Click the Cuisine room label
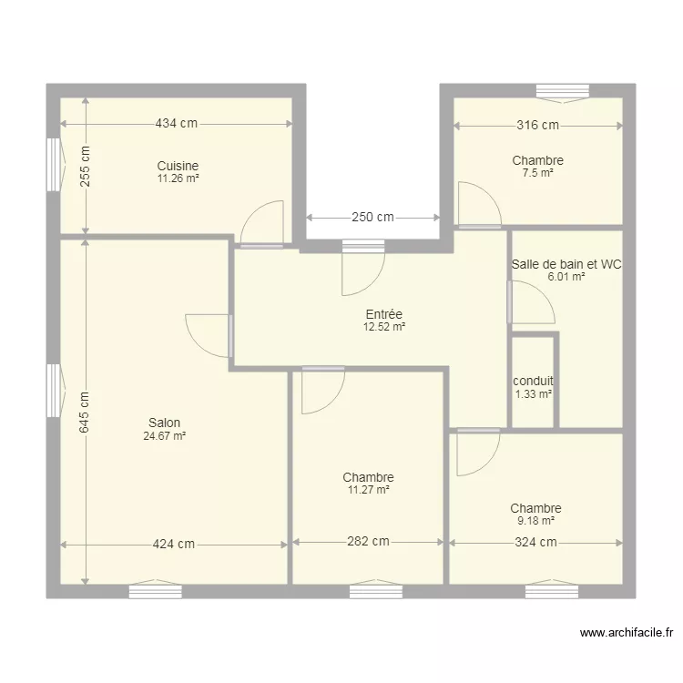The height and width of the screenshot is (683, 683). pyautogui.click(x=178, y=166)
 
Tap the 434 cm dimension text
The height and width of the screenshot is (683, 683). pyautogui.click(x=177, y=123)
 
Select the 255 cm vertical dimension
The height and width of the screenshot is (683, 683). pyautogui.click(x=85, y=166)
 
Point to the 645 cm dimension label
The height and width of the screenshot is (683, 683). pyautogui.click(x=84, y=412)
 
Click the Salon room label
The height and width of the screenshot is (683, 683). pyautogui.click(x=164, y=423)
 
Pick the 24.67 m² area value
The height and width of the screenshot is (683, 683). pyautogui.click(x=165, y=435)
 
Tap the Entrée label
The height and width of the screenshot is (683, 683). pyautogui.click(x=384, y=314)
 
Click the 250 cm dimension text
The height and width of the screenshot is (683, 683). pyautogui.click(x=372, y=217)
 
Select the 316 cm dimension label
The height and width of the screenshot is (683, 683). pyautogui.click(x=538, y=125)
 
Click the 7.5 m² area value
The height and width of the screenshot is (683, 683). pyautogui.click(x=538, y=173)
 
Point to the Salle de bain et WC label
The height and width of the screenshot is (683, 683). pyautogui.click(x=566, y=264)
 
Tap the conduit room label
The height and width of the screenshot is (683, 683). pyautogui.click(x=533, y=381)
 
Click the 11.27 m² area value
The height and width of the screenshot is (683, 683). pyautogui.click(x=369, y=490)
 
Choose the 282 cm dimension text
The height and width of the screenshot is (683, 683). pyautogui.click(x=368, y=541)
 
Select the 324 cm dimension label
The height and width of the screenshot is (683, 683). pyautogui.click(x=535, y=542)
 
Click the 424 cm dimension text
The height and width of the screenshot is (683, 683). pyautogui.click(x=173, y=544)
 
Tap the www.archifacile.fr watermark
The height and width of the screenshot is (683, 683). pyautogui.click(x=627, y=633)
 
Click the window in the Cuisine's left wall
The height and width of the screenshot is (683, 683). pyautogui.click(x=54, y=165)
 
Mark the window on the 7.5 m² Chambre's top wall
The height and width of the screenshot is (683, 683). pyautogui.click(x=563, y=92)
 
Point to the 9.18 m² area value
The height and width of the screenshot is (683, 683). pyautogui.click(x=535, y=521)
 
